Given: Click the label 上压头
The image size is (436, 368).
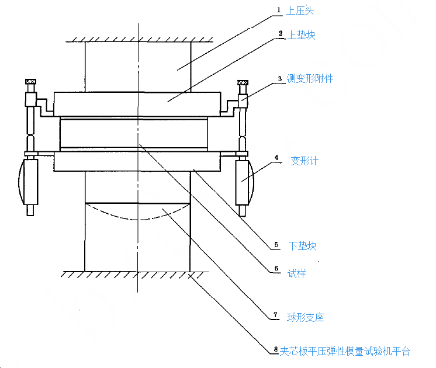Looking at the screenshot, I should click(x=302, y=11).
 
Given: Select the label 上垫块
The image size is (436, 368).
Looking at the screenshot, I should click(x=302, y=35).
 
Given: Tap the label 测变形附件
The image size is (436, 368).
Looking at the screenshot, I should click(x=310, y=78).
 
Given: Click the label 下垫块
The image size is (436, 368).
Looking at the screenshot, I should click(x=303, y=246).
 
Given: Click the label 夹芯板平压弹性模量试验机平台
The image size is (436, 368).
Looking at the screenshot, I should click(x=344, y=351).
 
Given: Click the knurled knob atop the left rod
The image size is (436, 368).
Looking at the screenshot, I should click(x=30, y=82).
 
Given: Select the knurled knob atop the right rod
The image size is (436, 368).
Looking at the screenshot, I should click(x=242, y=82).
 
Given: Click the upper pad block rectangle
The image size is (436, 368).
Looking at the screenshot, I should click(x=137, y=103).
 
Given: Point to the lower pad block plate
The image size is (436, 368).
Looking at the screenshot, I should click(x=137, y=162).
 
